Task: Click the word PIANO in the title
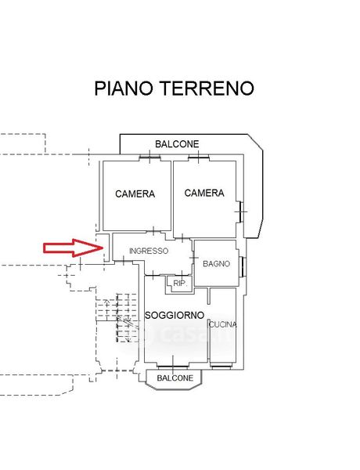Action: point(124,88)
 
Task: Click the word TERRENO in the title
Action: point(207,88)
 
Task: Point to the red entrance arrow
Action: point(73,248)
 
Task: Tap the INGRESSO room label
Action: point(149,251)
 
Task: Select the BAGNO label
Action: point(216,264)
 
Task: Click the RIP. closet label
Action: point(180,284)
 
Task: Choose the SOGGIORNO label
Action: point(175,316)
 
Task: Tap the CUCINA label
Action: point(223,324)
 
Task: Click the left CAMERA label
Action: point(135,194)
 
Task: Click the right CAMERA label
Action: point(204,193)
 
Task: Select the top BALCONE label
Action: point(177,144)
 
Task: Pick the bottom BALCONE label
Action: point(175,378)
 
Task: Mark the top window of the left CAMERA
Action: point(149,157)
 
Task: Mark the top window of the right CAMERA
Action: point(199,157)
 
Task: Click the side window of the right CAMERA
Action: point(241,211)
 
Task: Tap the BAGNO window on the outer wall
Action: point(243,266)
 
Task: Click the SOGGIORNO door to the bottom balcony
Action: point(173,367)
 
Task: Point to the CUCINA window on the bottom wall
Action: point(222,366)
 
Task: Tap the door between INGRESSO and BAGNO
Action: point(193,257)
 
